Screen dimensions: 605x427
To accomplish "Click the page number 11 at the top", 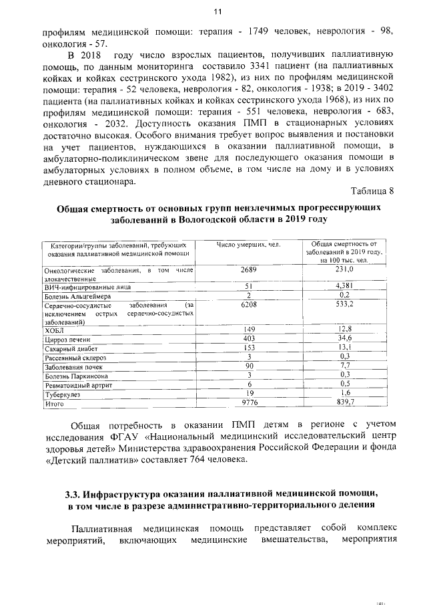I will tap(217, 11).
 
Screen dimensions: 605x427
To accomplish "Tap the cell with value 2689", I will tap(249, 269).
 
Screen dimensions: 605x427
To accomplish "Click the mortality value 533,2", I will tap(344, 304).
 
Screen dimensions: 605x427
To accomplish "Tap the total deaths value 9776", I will tap(249, 403).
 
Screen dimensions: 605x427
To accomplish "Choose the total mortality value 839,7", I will tap(344, 403).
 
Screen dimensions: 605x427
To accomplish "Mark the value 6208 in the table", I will tap(249, 304).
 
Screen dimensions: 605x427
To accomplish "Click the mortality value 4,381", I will tap(344, 287).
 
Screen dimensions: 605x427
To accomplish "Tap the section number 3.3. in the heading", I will tap(73, 495).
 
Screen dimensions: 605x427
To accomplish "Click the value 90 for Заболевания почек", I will tap(249, 366).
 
